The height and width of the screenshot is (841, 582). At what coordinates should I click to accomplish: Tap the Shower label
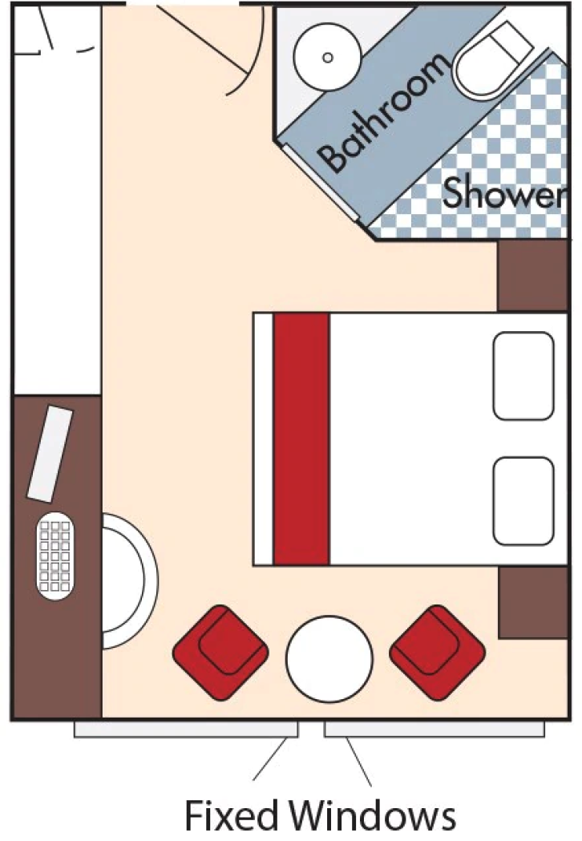click(x=503, y=193)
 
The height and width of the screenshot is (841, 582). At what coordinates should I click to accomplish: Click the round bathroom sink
click(x=327, y=57)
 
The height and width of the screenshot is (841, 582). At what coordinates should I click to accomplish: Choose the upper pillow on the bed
click(x=523, y=376)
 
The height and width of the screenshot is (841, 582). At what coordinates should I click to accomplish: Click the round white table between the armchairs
click(x=329, y=657)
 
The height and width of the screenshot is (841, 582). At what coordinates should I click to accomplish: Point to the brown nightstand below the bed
click(x=532, y=603)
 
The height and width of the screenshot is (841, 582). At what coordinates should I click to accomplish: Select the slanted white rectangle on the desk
click(x=50, y=453)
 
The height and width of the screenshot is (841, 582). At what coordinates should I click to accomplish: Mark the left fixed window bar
click(x=186, y=729)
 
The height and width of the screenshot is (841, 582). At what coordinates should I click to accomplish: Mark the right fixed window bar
click(x=434, y=729)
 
